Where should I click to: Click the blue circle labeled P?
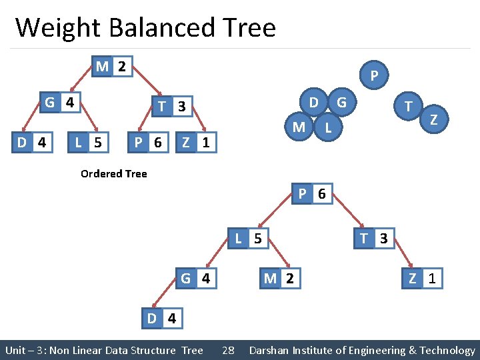[x=375, y=77]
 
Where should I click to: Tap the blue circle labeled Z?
[x=434, y=119]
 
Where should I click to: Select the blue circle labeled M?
[x=299, y=126]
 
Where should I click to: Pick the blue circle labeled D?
[x=313, y=103]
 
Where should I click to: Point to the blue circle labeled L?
[x=327, y=126]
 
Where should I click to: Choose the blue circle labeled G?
[x=341, y=103]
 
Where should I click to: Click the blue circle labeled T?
[x=407, y=105]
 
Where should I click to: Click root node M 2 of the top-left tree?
[x=111, y=67]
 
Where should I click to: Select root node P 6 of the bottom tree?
[x=311, y=194]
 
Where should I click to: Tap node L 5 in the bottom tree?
[x=249, y=238]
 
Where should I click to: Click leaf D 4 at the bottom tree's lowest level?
[x=161, y=318]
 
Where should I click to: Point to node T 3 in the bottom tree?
[x=374, y=238]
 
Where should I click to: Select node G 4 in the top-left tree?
[x=59, y=103]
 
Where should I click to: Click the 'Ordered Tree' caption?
[x=113, y=173]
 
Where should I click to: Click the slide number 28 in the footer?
[x=228, y=350]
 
